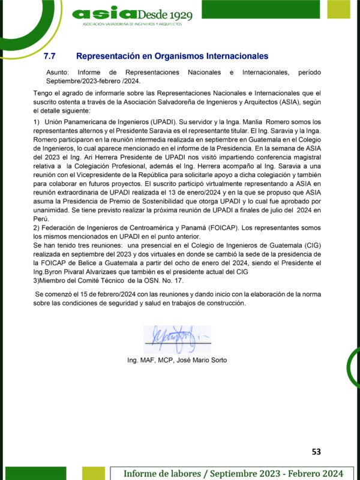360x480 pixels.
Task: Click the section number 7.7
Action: click(x=50, y=56)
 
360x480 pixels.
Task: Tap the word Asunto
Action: click(x=57, y=73)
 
